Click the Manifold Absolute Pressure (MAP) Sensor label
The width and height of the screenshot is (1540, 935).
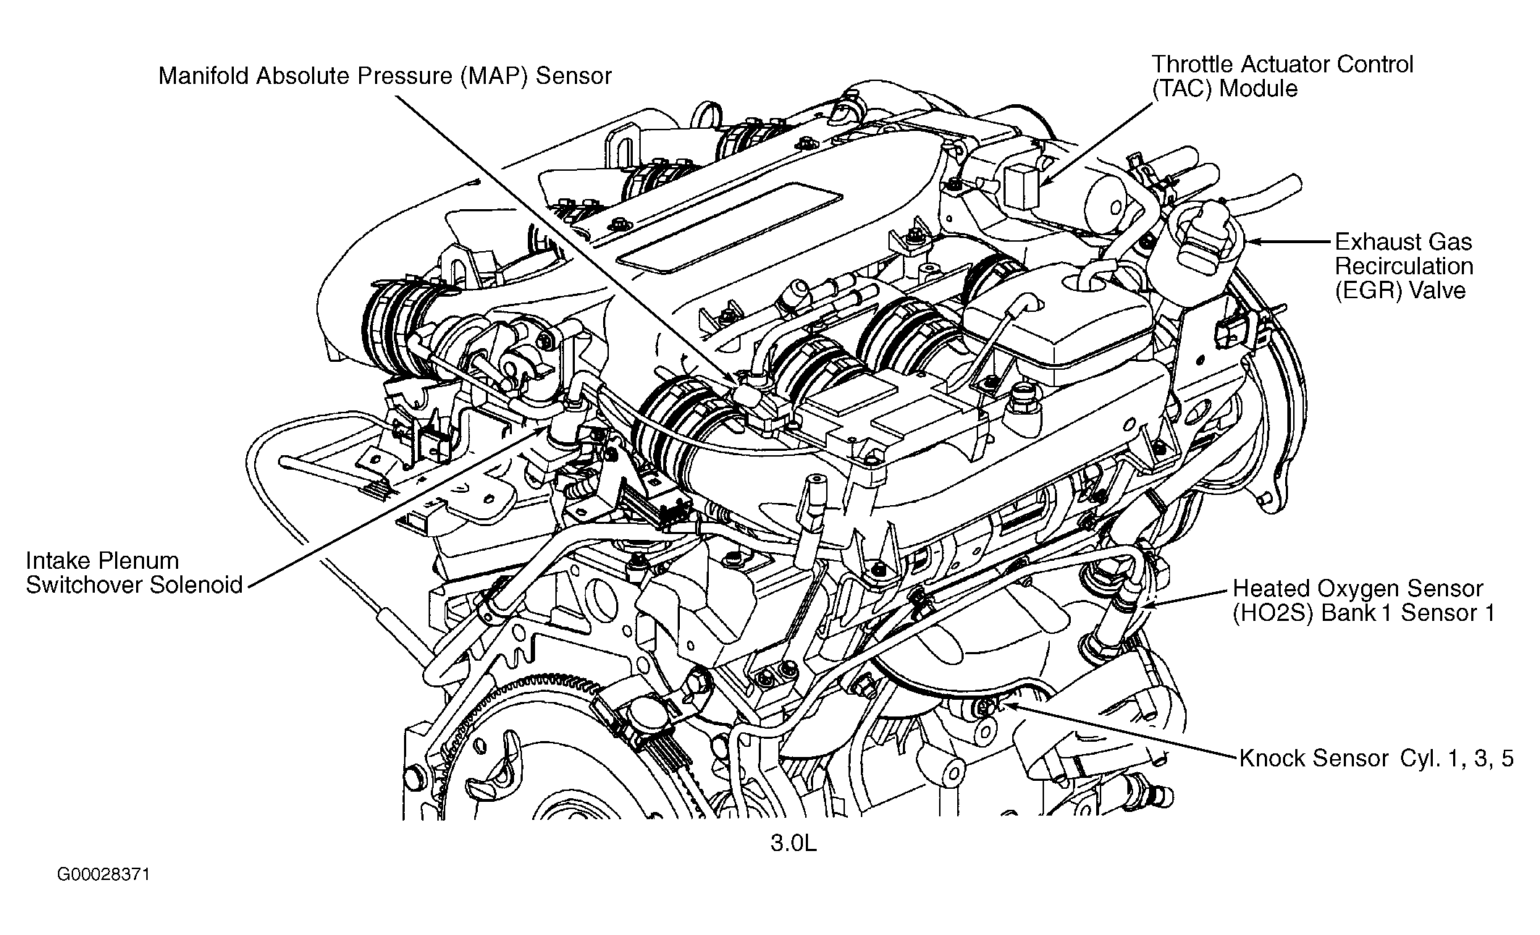coord(384,76)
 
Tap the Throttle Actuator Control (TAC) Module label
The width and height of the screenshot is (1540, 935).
coord(1282,76)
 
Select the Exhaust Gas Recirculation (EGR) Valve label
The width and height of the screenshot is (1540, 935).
coord(1404,266)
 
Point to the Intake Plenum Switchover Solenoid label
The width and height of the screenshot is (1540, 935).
coord(134,572)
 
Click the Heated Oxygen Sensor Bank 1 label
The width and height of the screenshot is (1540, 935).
coord(1363,600)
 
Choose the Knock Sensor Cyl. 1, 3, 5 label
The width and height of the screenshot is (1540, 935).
coord(1376,758)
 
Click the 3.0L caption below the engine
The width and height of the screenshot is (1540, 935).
coord(793,844)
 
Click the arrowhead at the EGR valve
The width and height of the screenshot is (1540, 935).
coord(1250,242)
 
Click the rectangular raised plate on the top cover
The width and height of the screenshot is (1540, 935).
coord(731,231)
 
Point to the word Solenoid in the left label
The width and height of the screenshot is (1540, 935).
coord(196,585)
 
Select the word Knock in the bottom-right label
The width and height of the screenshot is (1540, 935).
coord(1271,758)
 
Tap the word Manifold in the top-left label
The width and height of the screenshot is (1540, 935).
coord(203,76)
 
